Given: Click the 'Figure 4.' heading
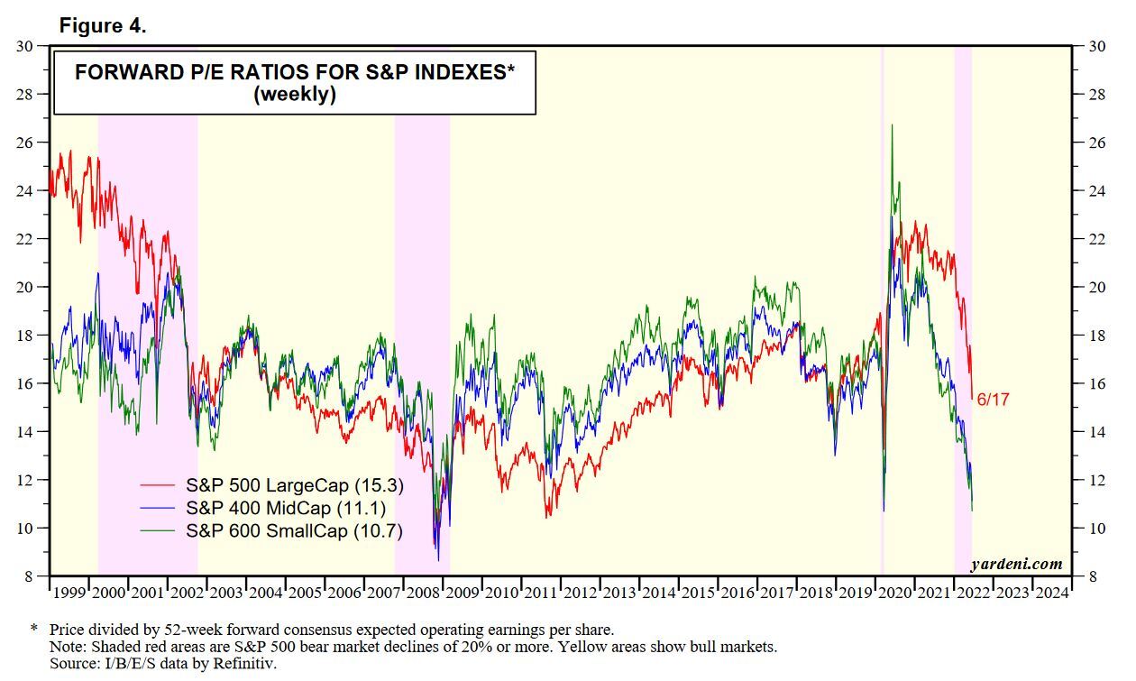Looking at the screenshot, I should (x=103, y=26).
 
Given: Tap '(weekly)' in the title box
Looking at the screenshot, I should (x=295, y=95).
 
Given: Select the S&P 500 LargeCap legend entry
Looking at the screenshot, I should (x=294, y=485).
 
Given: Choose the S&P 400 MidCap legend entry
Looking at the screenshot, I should (x=282, y=509).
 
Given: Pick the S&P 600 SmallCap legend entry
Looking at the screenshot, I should (x=293, y=531).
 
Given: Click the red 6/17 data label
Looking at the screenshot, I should (x=993, y=399).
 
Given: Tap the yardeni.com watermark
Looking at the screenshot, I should (x=1016, y=565).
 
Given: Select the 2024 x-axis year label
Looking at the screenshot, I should (x=1051, y=593).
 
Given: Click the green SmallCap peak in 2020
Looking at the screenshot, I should (x=892, y=126).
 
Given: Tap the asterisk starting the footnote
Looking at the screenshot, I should (x=34, y=628).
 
